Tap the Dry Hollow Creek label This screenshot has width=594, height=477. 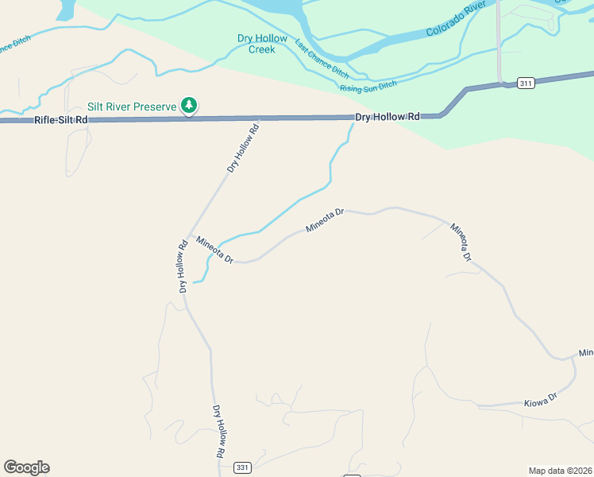[256, 44]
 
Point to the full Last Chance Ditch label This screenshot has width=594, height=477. [322, 58]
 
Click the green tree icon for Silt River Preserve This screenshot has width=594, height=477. [189, 105]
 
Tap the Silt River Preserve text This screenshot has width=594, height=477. [133, 106]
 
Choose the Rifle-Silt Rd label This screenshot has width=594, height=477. [60, 120]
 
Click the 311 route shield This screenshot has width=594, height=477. [525, 83]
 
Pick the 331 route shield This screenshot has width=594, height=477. [242, 467]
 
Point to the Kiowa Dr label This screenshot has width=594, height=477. [542, 402]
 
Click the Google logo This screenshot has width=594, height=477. [26, 467]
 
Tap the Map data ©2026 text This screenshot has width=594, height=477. [560, 470]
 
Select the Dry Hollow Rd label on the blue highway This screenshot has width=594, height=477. [387, 117]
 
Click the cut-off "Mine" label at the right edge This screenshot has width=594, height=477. [586, 352]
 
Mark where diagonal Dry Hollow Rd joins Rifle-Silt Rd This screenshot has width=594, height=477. [261, 119]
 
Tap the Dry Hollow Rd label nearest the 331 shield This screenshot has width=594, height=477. [220, 432]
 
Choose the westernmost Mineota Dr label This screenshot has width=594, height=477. [214, 249]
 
